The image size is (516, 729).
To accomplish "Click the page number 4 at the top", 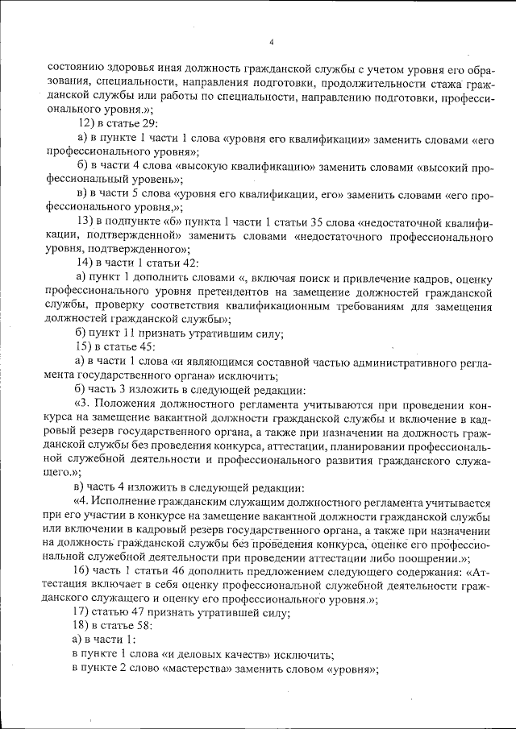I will tap(272, 43).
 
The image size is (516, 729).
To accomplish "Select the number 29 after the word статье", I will tap(151, 124).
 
